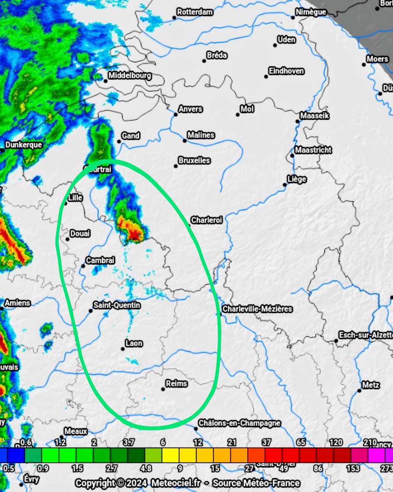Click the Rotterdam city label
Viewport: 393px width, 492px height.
point(195,12)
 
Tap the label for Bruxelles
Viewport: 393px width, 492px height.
point(194,160)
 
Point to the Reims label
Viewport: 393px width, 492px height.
point(176,384)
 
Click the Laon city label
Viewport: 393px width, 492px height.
point(134,343)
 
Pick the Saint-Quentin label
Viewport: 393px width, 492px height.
point(117,305)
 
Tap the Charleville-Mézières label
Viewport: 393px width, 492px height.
point(257,309)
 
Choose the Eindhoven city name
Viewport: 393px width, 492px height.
point(286,71)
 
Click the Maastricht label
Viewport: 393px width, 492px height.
point(313,150)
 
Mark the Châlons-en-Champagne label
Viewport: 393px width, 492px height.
point(240,423)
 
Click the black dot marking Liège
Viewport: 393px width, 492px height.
point(284,185)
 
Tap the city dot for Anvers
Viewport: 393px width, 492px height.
point(176,114)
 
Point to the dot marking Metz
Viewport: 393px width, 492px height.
point(359,391)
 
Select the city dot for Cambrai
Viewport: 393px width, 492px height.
point(83,266)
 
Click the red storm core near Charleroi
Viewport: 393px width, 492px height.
point(135,235)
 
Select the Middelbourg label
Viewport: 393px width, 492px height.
point(130,76)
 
